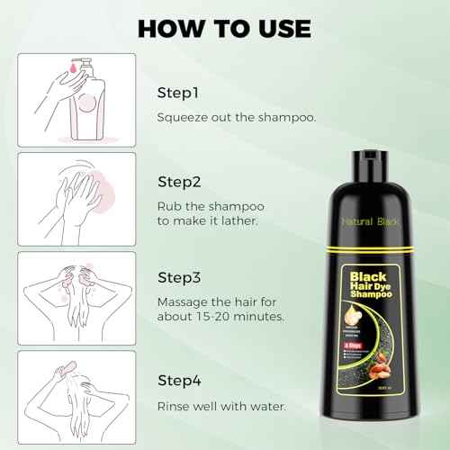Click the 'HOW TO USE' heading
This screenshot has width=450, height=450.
tap(225, 27)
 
